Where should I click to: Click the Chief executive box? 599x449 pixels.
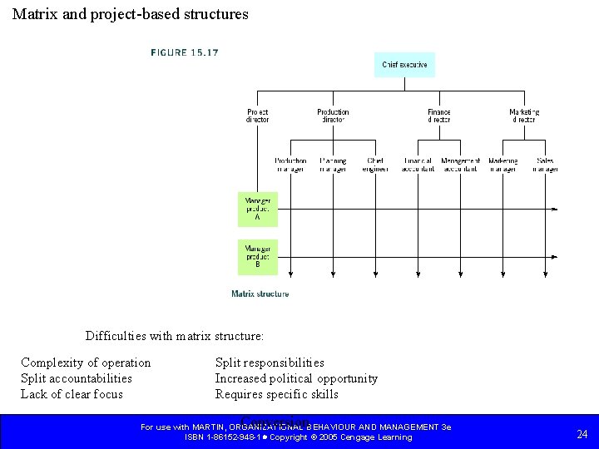click(x=404, y=65)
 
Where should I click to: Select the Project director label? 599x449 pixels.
click(x=258, y=116)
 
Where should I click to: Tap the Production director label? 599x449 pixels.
click(x=333, y=116)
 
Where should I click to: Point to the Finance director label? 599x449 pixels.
click(x=439, y=116)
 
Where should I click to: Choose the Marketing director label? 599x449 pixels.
click(x=524, y=116)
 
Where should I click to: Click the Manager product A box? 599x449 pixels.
click(x=258, y=209)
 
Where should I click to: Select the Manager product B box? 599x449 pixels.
click(x=258, y=257)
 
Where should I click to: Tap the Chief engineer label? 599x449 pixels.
click(x=375, y=165)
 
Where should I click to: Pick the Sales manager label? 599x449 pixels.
click(x=546, y=165)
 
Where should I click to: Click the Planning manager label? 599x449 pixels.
click(x=333, y=165)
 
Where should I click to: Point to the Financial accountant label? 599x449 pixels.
click(x=418, y=165)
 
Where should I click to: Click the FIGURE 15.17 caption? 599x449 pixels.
click(x=185, y=52)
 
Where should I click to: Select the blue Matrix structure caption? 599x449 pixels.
click(x=260, y=294)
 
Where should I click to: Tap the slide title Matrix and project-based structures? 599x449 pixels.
click(x=131, y=14)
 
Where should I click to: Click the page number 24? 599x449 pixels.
click(x=582, y=433)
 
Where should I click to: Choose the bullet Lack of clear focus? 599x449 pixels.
click(x=72, y=394)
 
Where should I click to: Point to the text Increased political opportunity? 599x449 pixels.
click(x=296, y=378)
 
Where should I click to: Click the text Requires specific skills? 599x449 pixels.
click(x=277, y=394)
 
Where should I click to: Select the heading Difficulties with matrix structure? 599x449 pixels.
click(x=175, y=337)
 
